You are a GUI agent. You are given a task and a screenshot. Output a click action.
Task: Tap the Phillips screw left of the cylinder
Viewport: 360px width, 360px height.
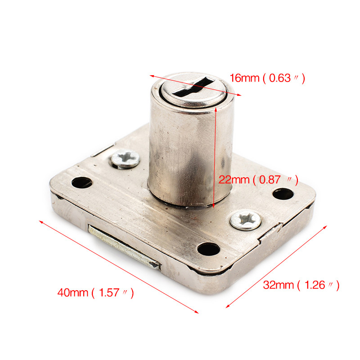(126, 159)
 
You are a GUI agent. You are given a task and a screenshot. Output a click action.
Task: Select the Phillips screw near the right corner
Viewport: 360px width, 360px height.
(245, 220)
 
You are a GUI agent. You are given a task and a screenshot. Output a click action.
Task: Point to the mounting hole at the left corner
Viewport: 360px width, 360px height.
(82, 183)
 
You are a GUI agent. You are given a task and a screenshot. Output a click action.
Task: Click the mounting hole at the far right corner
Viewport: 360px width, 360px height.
(283, 194)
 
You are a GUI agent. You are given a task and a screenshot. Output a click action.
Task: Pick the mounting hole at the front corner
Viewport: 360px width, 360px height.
(208, 249)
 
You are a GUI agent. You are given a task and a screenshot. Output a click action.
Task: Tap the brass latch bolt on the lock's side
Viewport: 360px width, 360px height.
(124, 247)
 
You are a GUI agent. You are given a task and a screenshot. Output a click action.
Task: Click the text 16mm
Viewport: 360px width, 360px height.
(244, 78)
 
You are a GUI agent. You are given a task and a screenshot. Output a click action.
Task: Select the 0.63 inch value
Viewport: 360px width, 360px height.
(280, 78)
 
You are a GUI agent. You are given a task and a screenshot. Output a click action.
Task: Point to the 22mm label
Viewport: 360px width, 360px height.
(234, 180)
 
